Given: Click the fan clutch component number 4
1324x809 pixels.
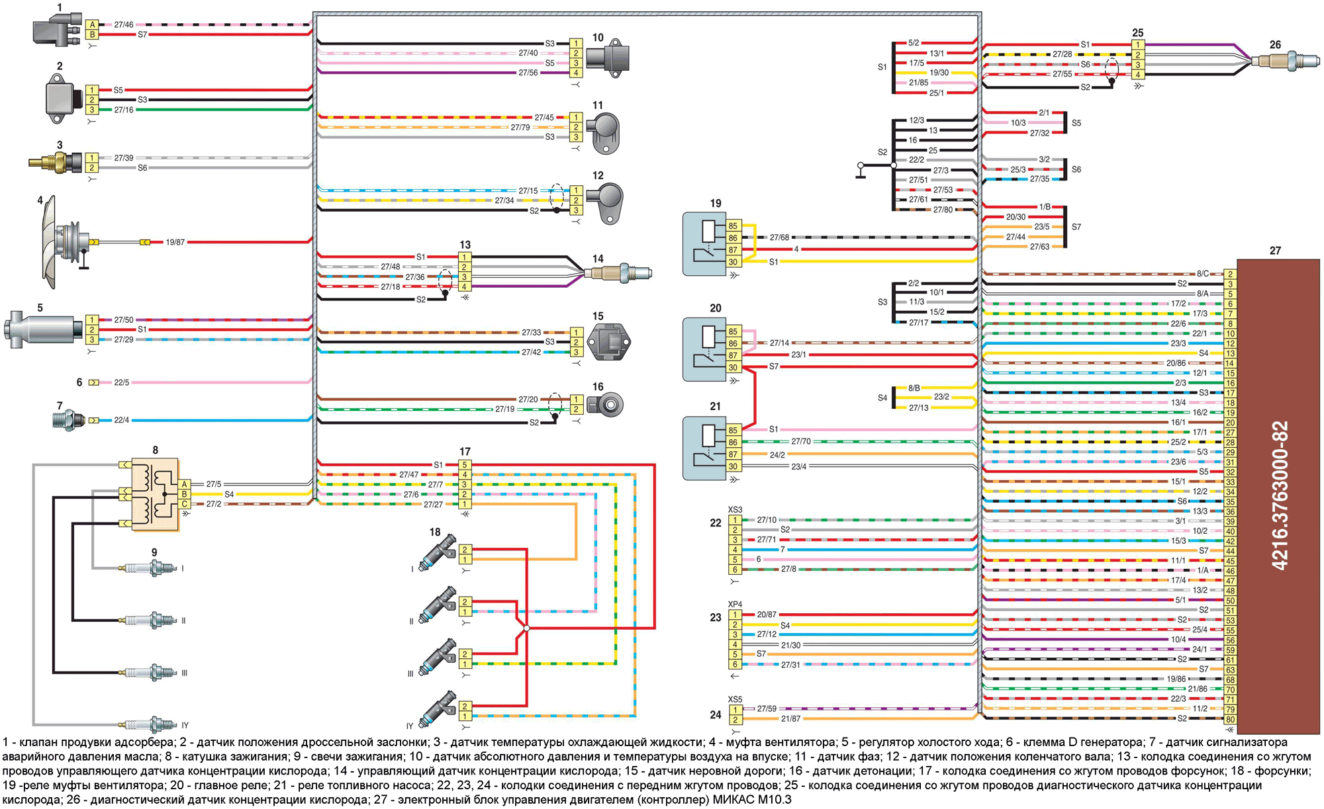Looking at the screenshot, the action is (x=66, y=241).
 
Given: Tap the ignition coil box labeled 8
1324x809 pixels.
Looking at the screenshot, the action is (x=155, y=494).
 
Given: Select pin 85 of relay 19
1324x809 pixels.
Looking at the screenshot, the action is (x=733, y=226).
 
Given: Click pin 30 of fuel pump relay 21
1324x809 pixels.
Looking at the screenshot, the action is (x=733, y=466).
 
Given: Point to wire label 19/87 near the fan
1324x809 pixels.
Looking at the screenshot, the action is (x=175, y=242).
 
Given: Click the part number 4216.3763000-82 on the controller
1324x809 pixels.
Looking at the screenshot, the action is (x=1280, y=495).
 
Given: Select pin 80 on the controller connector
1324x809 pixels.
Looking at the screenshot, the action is (x=1230, y=719).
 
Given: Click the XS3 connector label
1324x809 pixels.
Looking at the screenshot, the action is (x=735, y=510).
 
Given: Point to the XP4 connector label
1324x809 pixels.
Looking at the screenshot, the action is (x=735, y=605).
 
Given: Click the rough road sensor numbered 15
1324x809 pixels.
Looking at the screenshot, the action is (x=609, y=342).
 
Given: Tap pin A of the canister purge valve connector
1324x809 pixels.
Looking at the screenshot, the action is (x=92, y=24).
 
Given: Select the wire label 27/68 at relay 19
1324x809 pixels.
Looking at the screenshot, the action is (x=779, y=237).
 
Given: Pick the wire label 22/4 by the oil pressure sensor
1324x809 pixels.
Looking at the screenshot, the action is (x=122, y=420).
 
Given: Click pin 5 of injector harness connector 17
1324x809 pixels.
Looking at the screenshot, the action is (x=465, y=465).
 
